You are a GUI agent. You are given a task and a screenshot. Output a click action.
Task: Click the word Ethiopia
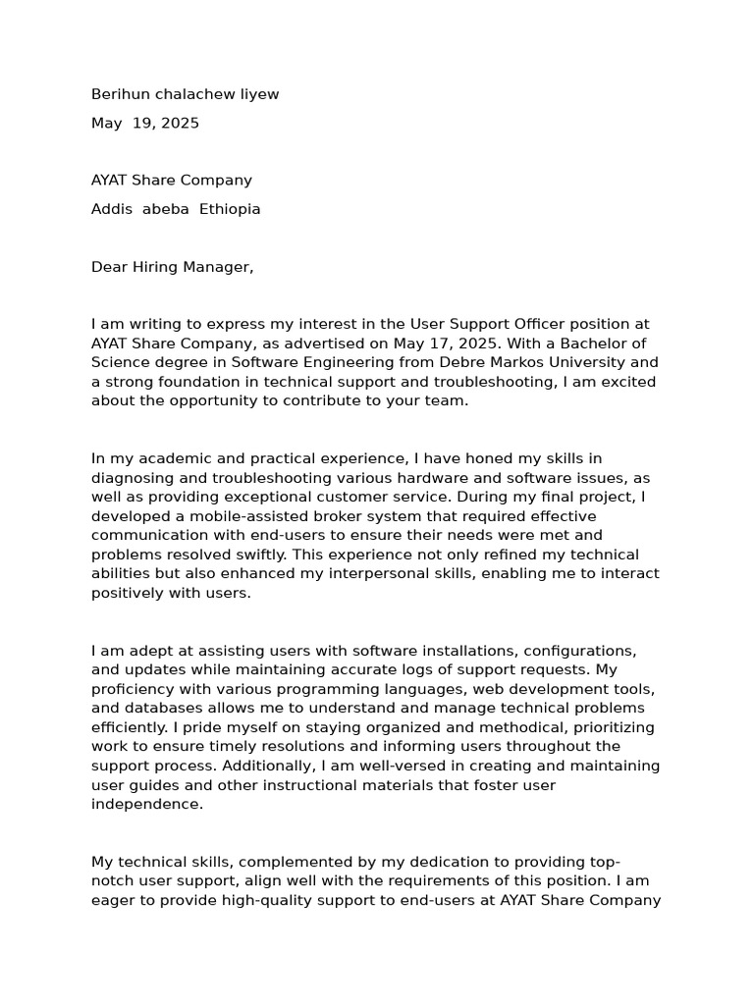coord(230,209)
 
